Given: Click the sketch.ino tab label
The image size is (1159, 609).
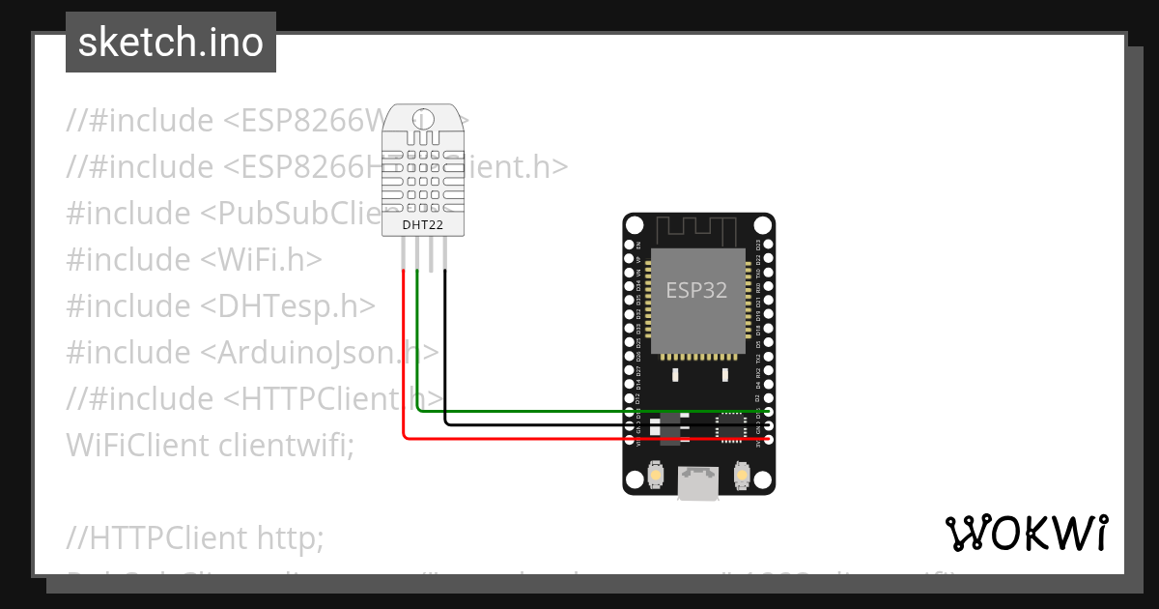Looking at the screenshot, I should tap(171, 43).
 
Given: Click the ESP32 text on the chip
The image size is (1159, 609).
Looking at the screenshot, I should tap(696, 290).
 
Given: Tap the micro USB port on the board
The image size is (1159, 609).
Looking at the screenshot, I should tap(697, 482).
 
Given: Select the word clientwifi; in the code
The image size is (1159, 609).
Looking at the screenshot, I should tap(287, 445).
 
